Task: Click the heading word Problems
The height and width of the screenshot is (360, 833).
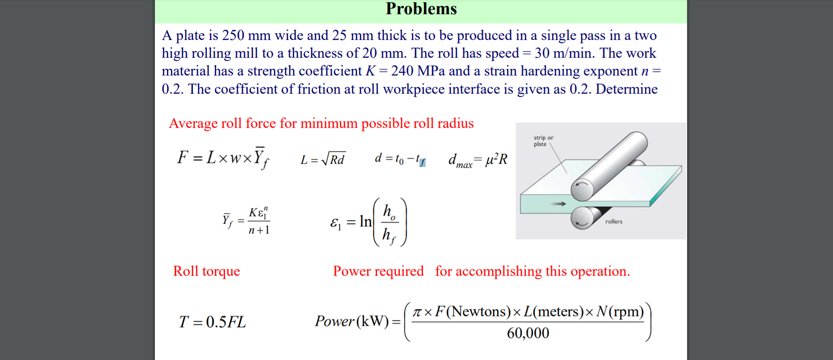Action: (421, 9)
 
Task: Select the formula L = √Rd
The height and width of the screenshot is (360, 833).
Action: (322, 159)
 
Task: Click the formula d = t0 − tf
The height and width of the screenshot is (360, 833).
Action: (400, 159)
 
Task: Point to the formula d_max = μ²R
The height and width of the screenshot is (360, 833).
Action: (478, 160)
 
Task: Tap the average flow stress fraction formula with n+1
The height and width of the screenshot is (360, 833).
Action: (247, 220)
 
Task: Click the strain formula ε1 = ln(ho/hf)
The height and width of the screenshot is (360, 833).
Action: (368, 222)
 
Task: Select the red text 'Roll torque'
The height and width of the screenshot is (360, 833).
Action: (206, 271)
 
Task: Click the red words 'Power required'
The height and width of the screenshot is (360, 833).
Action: (378, 271)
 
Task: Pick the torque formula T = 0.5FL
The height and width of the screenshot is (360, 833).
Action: (212, 322)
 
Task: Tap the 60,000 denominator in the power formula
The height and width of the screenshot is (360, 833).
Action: (528, 333)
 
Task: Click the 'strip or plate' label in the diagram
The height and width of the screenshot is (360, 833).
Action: (543, 141)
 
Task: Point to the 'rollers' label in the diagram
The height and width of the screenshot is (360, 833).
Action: (614, 222)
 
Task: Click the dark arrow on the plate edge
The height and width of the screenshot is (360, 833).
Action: (558, 204)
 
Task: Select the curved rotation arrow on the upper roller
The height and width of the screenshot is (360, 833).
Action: (581, 184)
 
